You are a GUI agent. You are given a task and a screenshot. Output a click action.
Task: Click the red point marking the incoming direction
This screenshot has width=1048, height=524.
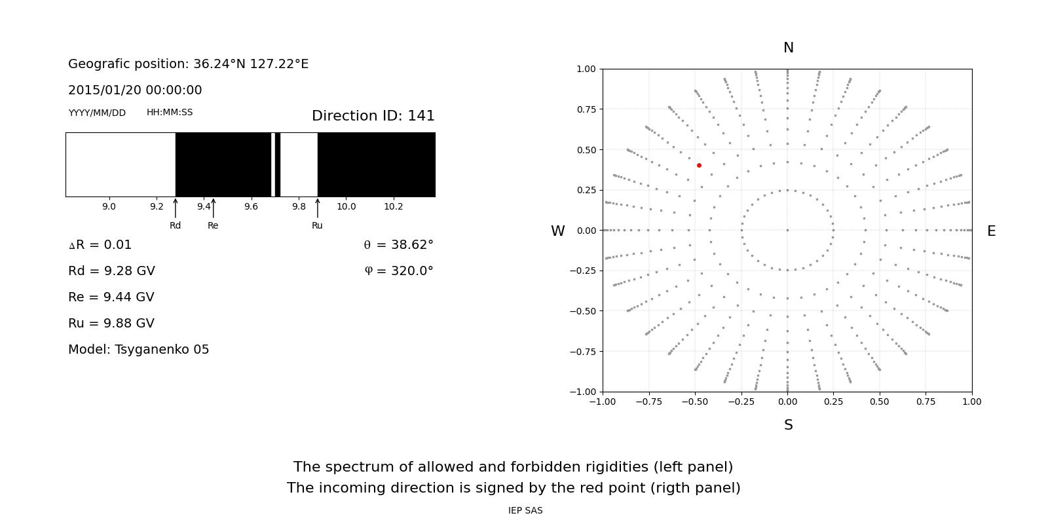click(x=699, y=166)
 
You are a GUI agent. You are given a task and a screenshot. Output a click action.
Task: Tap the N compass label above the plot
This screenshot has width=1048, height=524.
click(x=788, y=48)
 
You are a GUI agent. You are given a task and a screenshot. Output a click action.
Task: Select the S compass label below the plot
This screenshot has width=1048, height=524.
click(x=788, y=425)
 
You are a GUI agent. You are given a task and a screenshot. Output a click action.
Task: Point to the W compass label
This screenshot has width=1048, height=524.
click(x=557, y=231)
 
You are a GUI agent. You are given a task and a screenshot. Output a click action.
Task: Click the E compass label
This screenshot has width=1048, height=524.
click(x=991, y=231)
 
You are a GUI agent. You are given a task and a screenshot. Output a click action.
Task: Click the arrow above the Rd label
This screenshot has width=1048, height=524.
click(x=176, y=208)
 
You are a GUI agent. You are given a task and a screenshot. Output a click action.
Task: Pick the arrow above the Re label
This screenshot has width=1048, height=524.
click(x=213, y=208)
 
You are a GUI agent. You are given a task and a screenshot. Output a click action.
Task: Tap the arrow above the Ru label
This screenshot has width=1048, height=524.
click(x=318, y=208)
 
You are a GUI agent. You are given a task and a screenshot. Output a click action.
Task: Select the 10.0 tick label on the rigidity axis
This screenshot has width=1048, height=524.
click(x=346, y=207)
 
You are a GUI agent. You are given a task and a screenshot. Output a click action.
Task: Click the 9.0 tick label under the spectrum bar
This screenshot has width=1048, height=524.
click(x=109, y=207)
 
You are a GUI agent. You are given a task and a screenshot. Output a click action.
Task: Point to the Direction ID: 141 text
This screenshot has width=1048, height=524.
click(x=373, y=116)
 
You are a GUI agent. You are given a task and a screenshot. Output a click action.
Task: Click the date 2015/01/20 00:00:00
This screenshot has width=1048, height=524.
click(x=135, y=90)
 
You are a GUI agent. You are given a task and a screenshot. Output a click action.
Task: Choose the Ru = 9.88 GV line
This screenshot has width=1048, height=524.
click(x=111, y=324)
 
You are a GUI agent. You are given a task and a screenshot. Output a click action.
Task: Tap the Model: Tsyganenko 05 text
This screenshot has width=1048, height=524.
click(x=139, y=350)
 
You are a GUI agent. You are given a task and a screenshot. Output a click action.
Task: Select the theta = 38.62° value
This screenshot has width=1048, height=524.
click(x=398, y=245)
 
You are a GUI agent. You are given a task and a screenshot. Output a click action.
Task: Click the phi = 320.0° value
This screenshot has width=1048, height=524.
click(x=398, y=271)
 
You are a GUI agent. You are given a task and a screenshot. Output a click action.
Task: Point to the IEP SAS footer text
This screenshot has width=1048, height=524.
click(x=525, y=511)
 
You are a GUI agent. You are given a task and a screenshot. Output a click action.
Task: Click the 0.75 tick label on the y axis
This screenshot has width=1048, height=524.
click(x=586, y=109)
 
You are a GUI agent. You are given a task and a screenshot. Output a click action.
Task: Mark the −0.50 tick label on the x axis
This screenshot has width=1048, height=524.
click(x=695, y=402)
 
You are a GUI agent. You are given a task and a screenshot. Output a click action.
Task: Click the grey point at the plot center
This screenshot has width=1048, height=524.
click(x=787, y=230)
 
